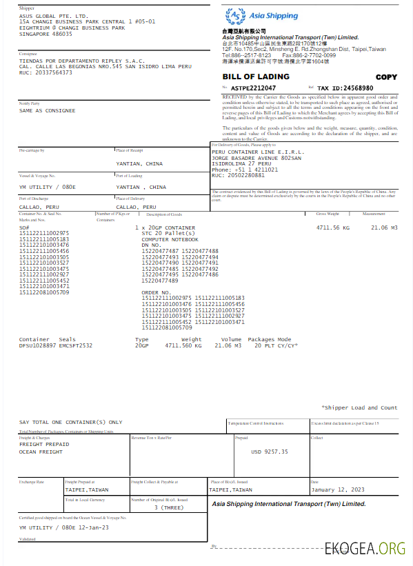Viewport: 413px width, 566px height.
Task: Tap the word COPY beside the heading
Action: coord(386,77)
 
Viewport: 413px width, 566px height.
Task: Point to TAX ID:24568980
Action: coord(345,88)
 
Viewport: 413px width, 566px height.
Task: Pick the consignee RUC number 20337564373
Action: coord(52,72)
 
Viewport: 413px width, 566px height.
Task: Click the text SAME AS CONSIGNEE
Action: coord(48,110)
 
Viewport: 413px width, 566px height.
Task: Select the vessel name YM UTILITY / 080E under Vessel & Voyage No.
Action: coord(48,187)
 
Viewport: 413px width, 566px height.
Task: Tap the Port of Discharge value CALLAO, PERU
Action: coord(39,207)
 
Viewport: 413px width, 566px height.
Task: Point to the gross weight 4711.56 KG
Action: coord(333,227)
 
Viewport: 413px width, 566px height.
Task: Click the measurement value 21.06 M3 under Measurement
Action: coord(385,227)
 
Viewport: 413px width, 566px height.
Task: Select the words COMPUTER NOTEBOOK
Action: coord(170,239)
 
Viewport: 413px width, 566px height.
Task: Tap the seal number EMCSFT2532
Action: coord(75,345)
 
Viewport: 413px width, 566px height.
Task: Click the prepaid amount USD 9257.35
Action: coord(270,452)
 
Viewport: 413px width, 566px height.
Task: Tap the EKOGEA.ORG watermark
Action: coord(365,548)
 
